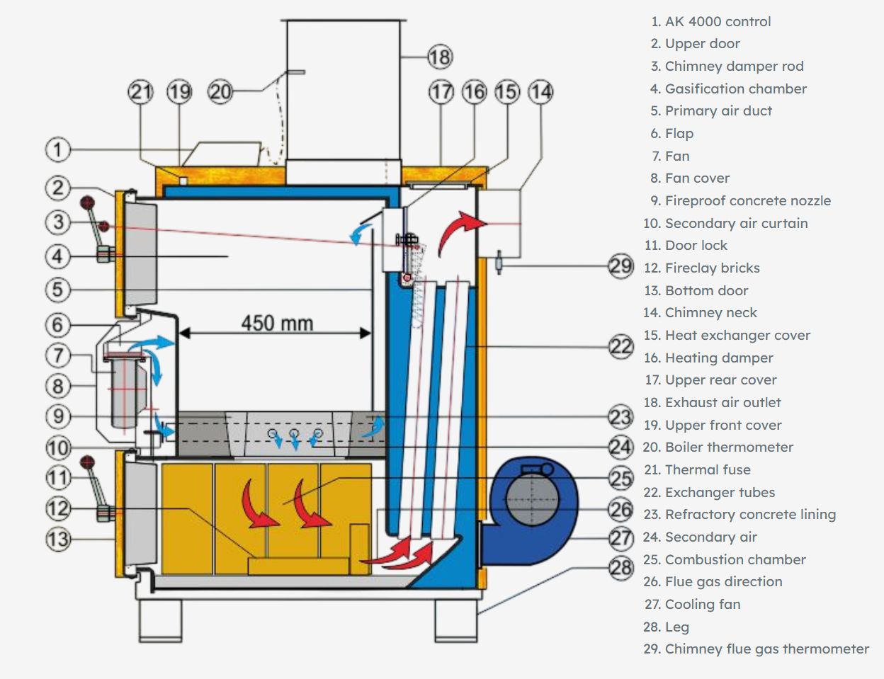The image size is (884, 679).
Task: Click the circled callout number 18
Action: [439, 56]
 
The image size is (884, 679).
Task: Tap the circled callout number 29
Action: [620, 266]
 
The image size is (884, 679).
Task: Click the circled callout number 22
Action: [620, 346]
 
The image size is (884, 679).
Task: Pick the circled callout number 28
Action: [620, 567]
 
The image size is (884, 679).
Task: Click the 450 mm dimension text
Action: [276, 324]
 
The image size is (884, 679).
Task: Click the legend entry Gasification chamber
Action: [735, 89]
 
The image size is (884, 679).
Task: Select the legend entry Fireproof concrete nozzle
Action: [747, 200]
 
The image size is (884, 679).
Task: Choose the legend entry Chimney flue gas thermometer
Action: [766, 649]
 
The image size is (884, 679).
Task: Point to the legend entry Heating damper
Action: [718, 358]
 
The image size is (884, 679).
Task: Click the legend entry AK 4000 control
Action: [717, 21]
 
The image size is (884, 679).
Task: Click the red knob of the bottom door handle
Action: [87, 462]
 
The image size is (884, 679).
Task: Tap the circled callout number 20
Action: [220, 91]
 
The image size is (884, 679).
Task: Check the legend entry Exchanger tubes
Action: [719, 492]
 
